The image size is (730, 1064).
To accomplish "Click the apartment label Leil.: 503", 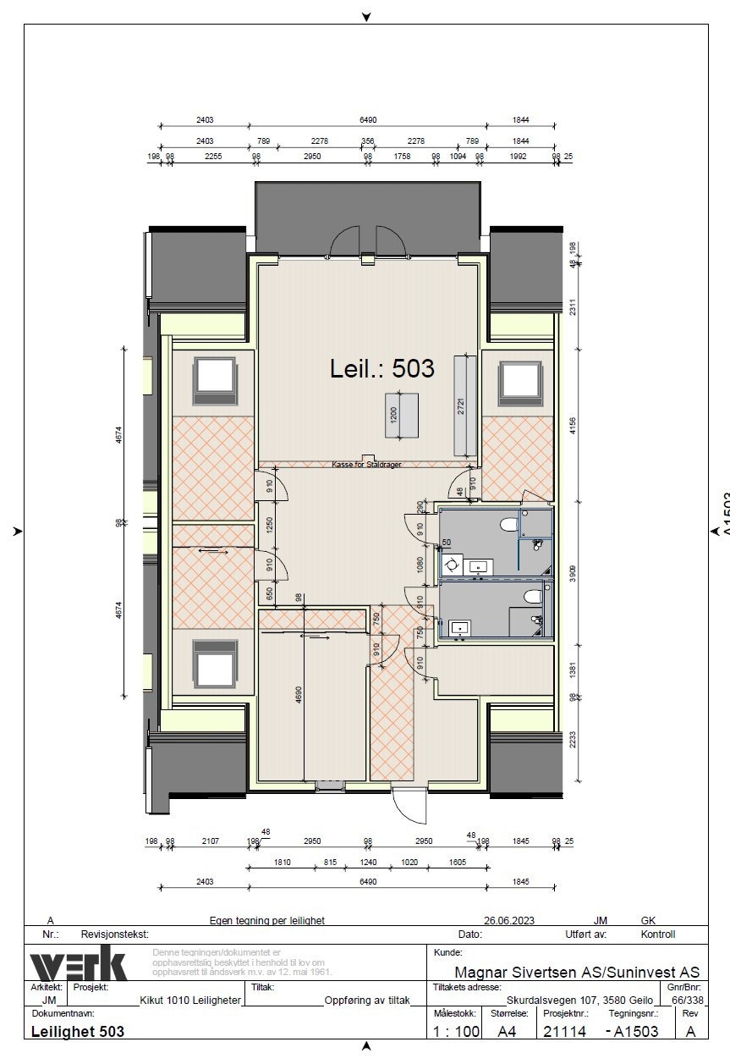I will click(x=381, y=368).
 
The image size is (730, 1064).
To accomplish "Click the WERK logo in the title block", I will click(x=78, y=966).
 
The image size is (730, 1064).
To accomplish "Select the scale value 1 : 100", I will click(x=456, y=1032).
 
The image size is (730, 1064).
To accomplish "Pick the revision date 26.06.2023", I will click(x=509, y=920).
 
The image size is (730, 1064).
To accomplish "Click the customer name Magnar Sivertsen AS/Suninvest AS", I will click(x=577, y=972).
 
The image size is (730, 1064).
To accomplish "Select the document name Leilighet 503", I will click(x=77, y=1032).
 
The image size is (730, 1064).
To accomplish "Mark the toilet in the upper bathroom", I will click(x=509, y=526).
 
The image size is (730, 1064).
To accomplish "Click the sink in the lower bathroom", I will click(x=460, y=628).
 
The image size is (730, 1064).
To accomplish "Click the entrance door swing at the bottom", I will click(x=409, y=805).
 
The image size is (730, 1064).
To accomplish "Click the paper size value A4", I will click(x=508, y=1032).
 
